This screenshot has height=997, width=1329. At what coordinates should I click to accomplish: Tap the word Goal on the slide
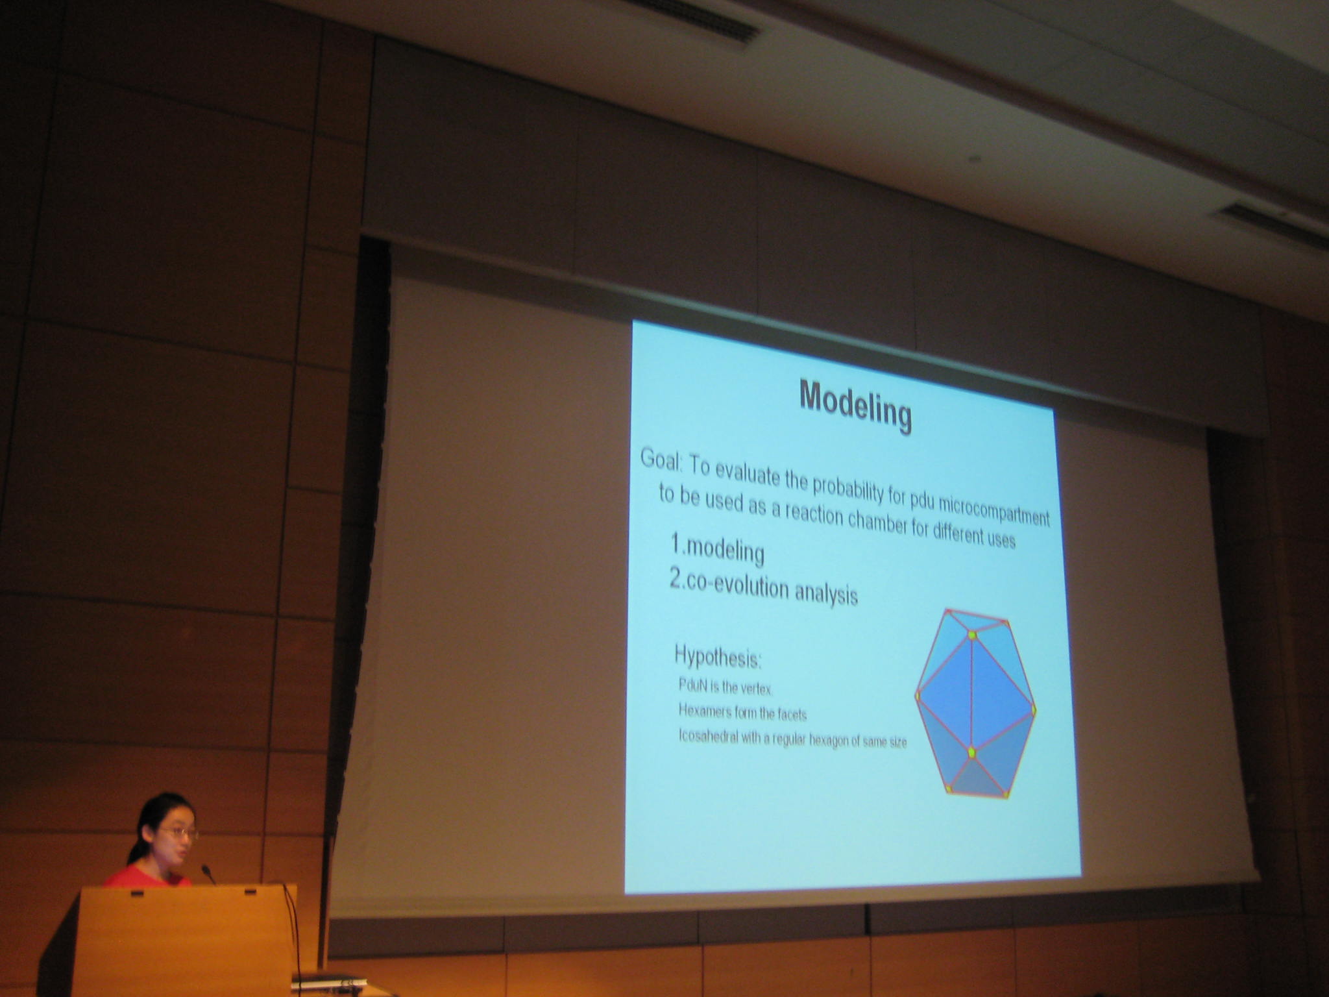click(661, 460)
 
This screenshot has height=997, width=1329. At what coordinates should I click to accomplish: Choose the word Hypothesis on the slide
click(718, 657)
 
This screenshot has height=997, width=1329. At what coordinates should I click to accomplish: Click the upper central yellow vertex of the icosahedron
click(972, 634)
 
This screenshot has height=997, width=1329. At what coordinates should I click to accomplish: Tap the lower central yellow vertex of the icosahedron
click(971, 752)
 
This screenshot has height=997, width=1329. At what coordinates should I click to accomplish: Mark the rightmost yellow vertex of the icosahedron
click(1033, 711)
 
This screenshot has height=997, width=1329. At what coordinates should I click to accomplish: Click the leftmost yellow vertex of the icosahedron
click(918, 696)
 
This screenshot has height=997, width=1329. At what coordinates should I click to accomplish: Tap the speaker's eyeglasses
click(179, 832)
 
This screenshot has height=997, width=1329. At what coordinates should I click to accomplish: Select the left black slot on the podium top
click(136, 894)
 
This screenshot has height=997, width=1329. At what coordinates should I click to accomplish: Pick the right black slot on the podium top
click(250, 892)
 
